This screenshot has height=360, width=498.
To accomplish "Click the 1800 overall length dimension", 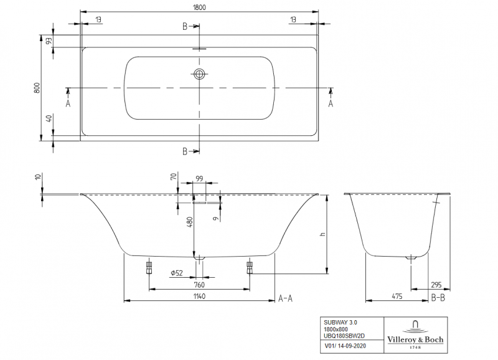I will [199, 7].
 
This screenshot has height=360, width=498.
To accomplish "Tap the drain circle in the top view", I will [199, 75].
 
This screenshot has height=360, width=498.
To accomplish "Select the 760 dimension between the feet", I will [199, 285].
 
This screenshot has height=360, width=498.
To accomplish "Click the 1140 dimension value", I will [199, 296].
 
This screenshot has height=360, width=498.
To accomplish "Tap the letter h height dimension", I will [322, 234].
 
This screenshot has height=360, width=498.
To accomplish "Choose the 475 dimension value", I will [396, 296].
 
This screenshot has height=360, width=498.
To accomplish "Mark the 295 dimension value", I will [438, 285].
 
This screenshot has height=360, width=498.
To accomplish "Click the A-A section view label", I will [285, 298].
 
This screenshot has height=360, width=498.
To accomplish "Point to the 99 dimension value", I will [199, 179].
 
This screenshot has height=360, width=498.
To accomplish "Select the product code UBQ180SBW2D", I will [344, 335].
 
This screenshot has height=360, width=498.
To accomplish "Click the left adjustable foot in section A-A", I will [149, 268].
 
